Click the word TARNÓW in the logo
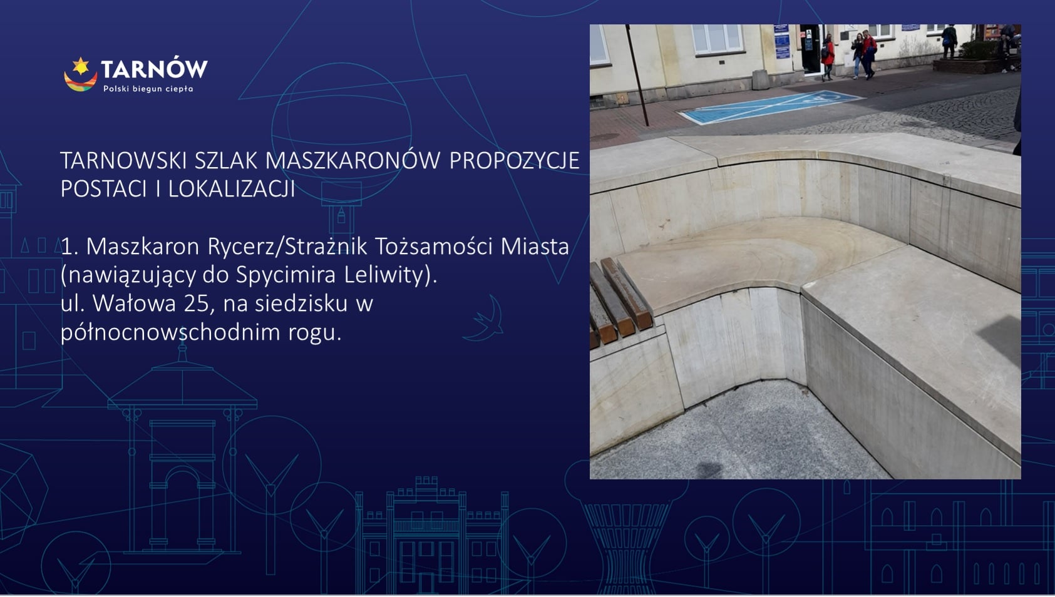pyautogui.click(x=154, y=68)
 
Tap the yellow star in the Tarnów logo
pyautogui.click(x=81, y=65)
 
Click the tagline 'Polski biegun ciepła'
pyautogui.click(x=148, y=89)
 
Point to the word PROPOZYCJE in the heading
pyautogui.click(x=514, y=161)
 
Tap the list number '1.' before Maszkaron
pyautogui.click(x=69, y=247)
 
